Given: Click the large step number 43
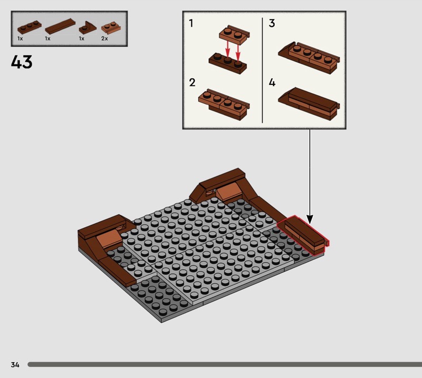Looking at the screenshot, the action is pos(22,62).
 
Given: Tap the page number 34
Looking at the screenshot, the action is pos(15,364).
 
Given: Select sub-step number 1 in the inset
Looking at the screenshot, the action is pos(191,23).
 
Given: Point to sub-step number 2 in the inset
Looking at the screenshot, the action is pos(192,83).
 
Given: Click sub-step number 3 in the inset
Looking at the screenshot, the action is pos(272,23).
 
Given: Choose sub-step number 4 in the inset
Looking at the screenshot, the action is pos(272,83).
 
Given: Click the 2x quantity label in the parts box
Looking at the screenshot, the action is pos(104,38).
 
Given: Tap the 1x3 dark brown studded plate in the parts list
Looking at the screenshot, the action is pos(30,28).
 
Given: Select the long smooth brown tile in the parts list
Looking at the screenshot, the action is pos(60,26).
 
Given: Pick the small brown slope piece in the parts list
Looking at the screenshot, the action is pos(88,28).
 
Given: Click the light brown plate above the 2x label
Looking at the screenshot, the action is pos(111,28).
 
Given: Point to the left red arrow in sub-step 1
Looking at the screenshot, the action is pos(228,49).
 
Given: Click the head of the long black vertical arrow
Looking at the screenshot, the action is pos(310,220).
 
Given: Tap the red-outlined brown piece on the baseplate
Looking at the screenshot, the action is pos(303,234).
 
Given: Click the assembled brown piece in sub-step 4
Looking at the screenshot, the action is pos(309,103).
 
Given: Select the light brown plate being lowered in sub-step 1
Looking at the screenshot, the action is pos(234,34).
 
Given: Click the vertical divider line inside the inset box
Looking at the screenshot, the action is pos(262,71).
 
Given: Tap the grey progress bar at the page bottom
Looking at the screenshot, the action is pos(225,364).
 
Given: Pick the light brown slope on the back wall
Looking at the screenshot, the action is pos(227,191).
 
